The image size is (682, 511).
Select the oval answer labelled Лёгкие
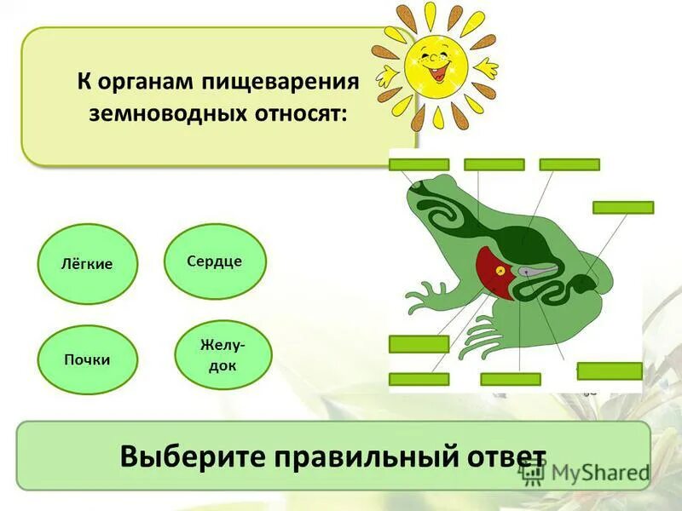[x=88, y=264]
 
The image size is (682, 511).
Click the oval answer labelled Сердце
[x=215, y=261]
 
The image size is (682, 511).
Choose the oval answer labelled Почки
[x=88, y=359]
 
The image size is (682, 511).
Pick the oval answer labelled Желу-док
[x=223, y=354]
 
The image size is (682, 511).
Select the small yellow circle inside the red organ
[x=500, y=272]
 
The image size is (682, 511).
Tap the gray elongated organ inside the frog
[x=538, y=272]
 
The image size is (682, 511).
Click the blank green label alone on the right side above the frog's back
[x=623, y=207]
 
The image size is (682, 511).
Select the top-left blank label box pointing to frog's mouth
[x=419, y=164]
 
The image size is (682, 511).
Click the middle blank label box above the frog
[x=494, y=164]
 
